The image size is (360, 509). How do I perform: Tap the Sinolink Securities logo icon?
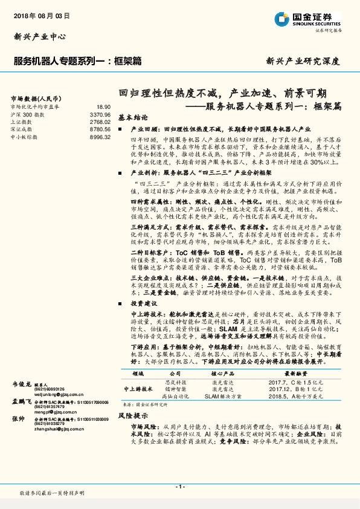coord(283,18)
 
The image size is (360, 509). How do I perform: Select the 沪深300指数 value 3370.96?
coord(98,114)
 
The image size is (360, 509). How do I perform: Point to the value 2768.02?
coord(98,122)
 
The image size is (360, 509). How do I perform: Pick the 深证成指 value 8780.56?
coord(98,129)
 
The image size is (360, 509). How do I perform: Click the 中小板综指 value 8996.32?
coord(98,137)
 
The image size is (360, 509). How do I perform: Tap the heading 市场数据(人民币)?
coord(35,97)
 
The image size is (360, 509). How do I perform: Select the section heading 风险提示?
coord(133,416)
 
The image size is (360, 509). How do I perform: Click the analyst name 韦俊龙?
coord(22,384)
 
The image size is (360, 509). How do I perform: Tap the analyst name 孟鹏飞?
coord(22,401)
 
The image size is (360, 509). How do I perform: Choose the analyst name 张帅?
coord(18,418)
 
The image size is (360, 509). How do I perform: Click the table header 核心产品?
coord(217,374)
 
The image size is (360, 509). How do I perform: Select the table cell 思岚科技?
coord(176,382)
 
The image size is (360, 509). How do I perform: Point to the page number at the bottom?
coord(180,487)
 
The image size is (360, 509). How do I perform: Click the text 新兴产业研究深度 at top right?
coord(303,61)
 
